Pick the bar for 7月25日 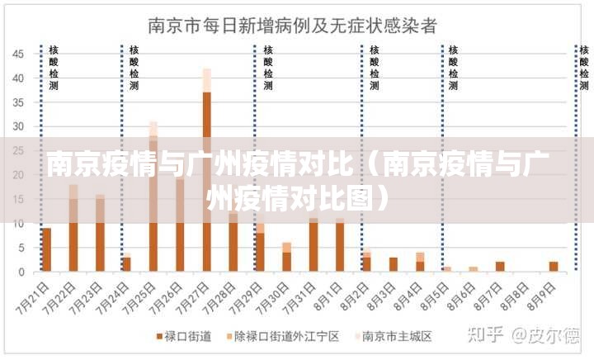[x=153, y=198]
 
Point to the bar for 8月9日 [x=554, y=266]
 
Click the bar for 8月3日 [x=394, y=264]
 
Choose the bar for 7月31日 [x=313, y=244]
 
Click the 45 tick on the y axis [x=17, y=54]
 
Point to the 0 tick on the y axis [x=22, y=272]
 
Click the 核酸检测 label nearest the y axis [x=54, y=68]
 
